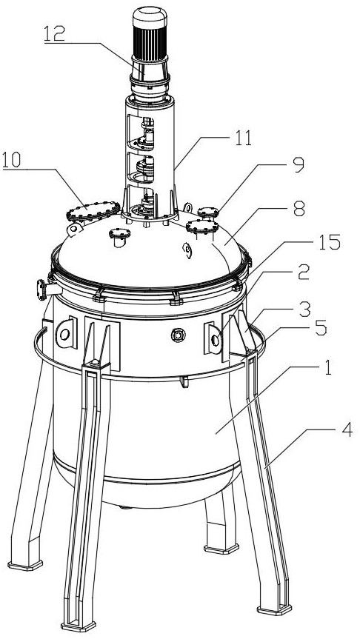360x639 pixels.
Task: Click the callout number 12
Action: pyautogui.click(x=54, y=34)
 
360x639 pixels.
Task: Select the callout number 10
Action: pyautogui.click(x=11, y=160)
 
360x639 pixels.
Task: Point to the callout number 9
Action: pyautogui.click(x=299, y=164)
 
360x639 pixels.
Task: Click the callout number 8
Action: pyautogui.click(x=299, y=210)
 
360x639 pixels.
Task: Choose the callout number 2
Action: pyautogui.click(x=304, y=272)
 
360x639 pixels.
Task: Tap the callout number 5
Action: pyautogui.click(x=321, y=328)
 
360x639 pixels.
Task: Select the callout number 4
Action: pyautogui.click(x=347, y=429)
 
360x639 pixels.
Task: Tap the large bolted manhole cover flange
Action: pyautogui.click(x=93, y=210)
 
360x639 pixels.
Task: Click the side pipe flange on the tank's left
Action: pyautogui.click(x=41, y=290)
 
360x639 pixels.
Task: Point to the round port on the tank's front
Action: pyautogui.click(x=179, y=335)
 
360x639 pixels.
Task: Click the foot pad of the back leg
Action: pyautogui.click(x=221, y=548)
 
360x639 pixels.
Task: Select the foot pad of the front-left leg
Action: pyautogui.click(x=79, y=626)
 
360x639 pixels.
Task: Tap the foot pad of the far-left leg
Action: pyautogui.click(x=25, y=565)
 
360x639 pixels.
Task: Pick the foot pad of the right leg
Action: pyautogui.click(x=274, y=610)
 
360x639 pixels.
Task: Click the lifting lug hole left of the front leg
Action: pyautogui.click(x=64, y=335)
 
